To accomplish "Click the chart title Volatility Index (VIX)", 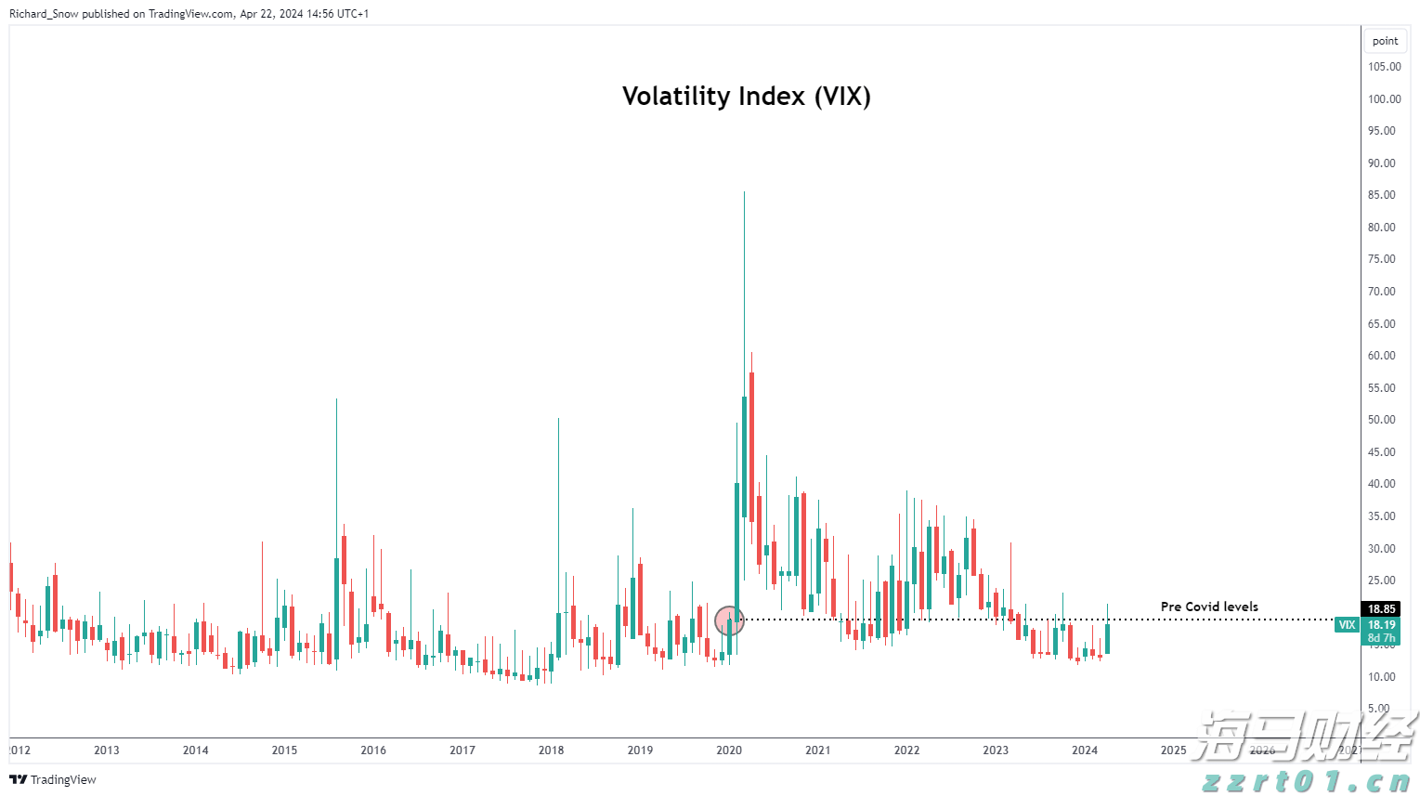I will pyautogui.click(x=746, y=97).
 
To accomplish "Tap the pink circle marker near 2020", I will pyautogui.click(x=730, y=620).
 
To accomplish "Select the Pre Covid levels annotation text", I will pyautogui.click(x=1208, y=607).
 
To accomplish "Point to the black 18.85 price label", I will pyautogui.click(x=1381, y=609).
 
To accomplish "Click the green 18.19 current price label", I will pyautogui.click(x=1381, y=625).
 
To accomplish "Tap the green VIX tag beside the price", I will pyautogui.click(x=1347, y=625).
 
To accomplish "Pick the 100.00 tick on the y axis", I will pyautogui.click(x=1384, y=99).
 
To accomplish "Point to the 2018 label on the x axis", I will pyautogui.click(x=551, y=750).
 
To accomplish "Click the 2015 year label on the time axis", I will pyautogui.click(x=284, y=750).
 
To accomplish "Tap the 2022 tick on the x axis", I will pyautogui.click(x=906, y=750).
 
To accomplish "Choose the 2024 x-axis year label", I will pyautogui.click(x=1084, y=750).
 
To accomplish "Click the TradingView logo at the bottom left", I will pyautogui.click(x=53, y=779).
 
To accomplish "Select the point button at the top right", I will pyautogui.click(x=1385, y=41).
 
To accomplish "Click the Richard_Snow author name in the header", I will pyautogui.click(x=44, y=14).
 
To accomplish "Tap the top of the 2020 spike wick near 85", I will pyautogui.click(x=744, y=193).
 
